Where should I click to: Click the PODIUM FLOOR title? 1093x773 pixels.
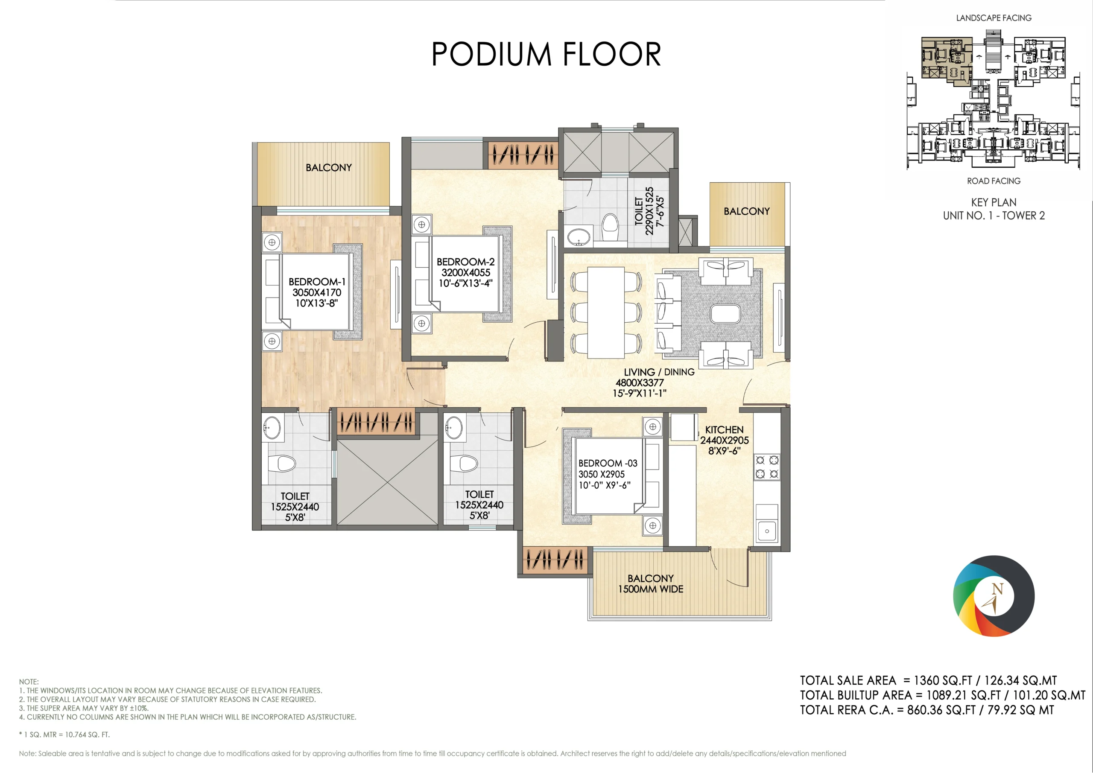(546, 54)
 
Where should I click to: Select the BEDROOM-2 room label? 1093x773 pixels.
(465, 262)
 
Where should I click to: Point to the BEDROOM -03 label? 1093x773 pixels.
(608, 463)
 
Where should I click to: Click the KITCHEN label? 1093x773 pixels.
(724, 430)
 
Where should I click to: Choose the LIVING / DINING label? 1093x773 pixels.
(659, 372)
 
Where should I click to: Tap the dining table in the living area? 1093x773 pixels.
(605, 312)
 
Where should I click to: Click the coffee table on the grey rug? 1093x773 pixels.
(725, 314)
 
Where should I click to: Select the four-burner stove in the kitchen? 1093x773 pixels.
(767, 467)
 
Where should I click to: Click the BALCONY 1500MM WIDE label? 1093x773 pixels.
(651, 583)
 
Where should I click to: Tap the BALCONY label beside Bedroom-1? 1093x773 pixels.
(329, 168)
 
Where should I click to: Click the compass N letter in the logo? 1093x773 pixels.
(997, 589)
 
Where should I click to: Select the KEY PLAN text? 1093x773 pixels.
(994, 202)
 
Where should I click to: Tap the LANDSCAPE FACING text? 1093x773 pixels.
(994, 18)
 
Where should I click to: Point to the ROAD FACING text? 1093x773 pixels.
(994, 181)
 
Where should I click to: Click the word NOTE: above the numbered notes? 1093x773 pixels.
(29, 682)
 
